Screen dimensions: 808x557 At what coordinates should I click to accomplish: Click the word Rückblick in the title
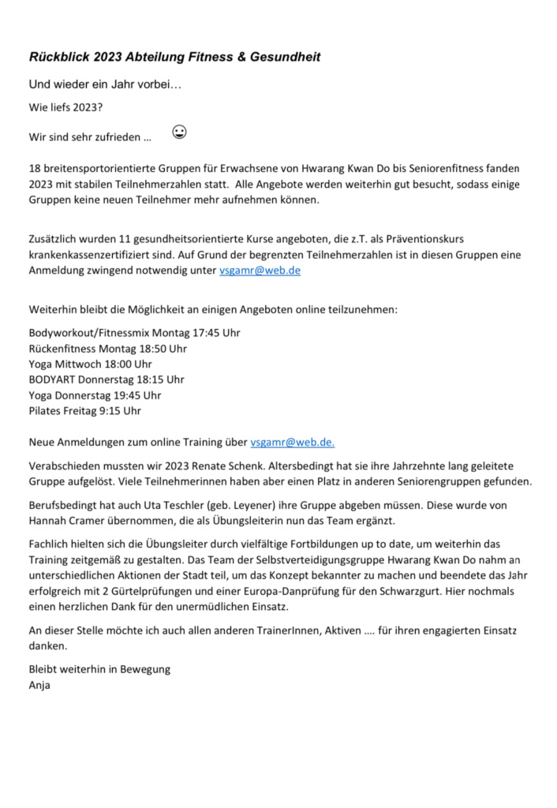[58, 58]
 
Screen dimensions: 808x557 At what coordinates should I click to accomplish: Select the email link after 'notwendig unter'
[260, 271]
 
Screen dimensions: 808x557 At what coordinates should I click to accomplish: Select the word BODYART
[52, 380]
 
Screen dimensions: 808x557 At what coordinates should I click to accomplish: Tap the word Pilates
[45, 411]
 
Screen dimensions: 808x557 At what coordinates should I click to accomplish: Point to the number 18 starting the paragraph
[35, 169]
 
